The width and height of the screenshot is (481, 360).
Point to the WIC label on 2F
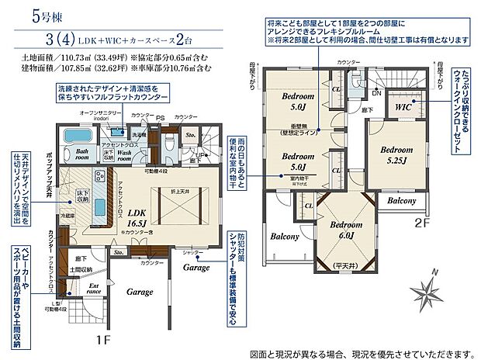[403, 106]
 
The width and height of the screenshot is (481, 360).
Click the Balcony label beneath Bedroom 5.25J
[401, 200]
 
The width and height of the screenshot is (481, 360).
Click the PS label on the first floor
[161, 119]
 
